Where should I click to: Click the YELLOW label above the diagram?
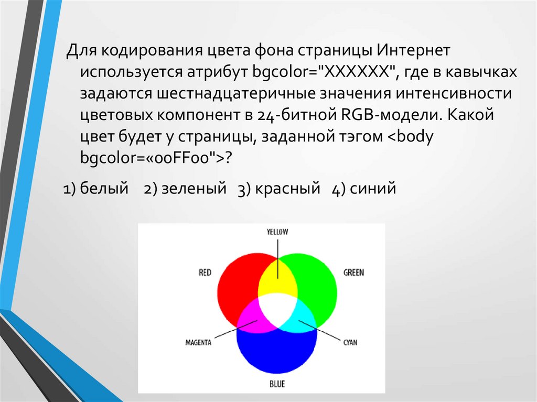point(277,232)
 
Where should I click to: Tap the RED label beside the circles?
point(205,273)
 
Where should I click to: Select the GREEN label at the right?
point(354,273)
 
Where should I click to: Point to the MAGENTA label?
point(198,342)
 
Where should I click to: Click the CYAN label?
point(350,342)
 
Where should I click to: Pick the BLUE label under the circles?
point(277,384)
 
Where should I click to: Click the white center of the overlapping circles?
point(277,310)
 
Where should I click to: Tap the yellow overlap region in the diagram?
point(277,279)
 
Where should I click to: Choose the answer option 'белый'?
point(104,188)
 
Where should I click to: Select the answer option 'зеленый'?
point(194,188)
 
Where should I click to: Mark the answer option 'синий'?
point(373,188)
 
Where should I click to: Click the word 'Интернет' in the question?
point(413,50)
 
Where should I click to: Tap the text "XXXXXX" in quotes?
point(358,72)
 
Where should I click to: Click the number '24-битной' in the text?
point(297,115)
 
